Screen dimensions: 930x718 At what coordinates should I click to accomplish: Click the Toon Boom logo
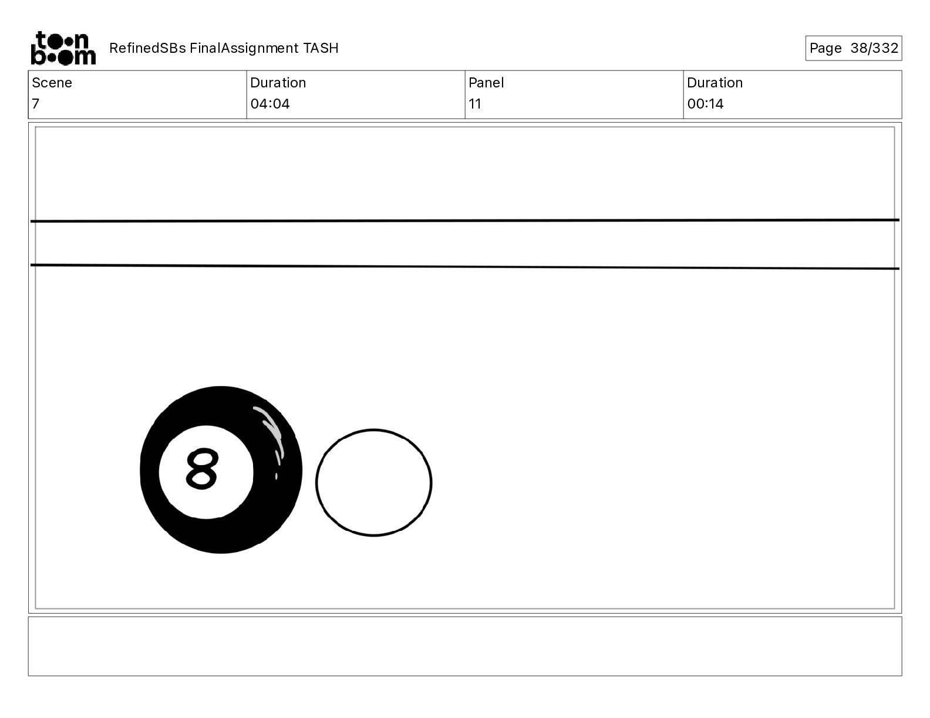[x=63, y=48]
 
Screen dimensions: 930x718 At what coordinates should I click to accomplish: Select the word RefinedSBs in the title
[x=147, y=48]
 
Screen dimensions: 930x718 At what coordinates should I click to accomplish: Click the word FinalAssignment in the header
[x=244, y=48]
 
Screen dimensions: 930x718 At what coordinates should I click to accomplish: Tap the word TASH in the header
[x=321, y=48]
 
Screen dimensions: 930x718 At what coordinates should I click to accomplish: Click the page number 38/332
[x=874, y=48]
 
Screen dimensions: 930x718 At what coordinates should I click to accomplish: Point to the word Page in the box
[x=825, y=48]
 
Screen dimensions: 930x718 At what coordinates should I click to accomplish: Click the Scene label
[x=52, y=83]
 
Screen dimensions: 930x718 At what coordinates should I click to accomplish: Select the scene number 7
[x=36, y=103]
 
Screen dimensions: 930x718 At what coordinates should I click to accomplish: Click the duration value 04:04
[x=270, y=103]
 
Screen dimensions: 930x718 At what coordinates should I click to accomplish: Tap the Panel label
[x=486, y=83]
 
